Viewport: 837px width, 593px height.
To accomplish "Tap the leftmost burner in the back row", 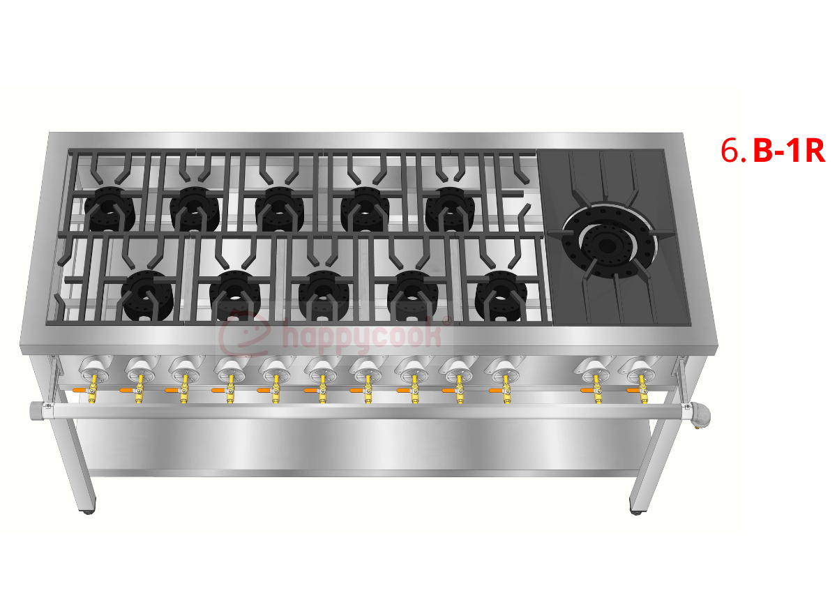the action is click(x=110, y=209).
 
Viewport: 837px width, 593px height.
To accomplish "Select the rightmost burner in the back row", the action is click(x=451, y=209).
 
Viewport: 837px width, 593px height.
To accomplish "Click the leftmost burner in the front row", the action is click(x=147, y=295).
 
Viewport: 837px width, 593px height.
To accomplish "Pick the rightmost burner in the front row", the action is click(x=501, y=295).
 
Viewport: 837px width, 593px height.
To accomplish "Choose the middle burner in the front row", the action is click(x=324, y=295).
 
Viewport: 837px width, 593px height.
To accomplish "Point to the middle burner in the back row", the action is click(x=280, y=209).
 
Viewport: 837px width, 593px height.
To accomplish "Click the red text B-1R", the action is click(x=789, y=151).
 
